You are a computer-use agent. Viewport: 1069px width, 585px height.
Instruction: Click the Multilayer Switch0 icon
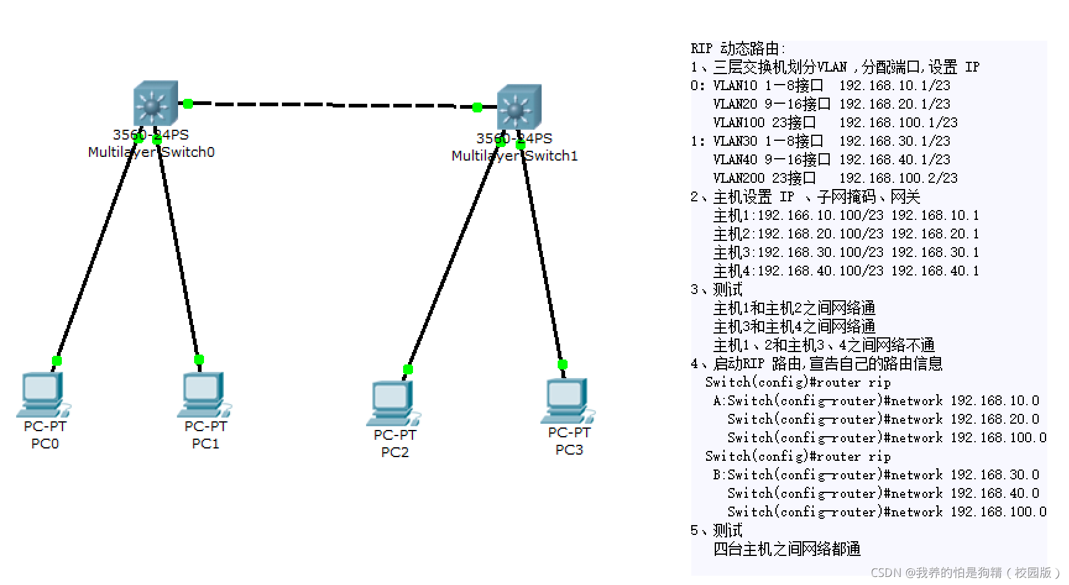click(155, 103)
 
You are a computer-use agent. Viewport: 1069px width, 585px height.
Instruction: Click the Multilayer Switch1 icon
click(519, 107)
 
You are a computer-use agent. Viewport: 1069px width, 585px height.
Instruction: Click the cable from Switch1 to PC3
click(542, 253)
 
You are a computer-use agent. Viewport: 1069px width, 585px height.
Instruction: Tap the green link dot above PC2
click(407, 369)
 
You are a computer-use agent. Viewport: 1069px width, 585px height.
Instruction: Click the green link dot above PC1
click(198, 360)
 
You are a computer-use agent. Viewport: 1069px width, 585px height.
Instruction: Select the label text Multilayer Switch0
click(151, 152)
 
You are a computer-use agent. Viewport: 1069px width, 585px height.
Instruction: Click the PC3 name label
click(569, 450)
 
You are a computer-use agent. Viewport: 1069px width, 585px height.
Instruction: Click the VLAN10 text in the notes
click(735, 85)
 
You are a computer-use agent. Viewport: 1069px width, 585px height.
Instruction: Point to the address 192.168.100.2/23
click(898, 178)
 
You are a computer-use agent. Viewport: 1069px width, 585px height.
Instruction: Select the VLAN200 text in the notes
click(738, 178)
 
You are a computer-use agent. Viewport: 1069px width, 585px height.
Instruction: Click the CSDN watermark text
click(968, 573)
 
